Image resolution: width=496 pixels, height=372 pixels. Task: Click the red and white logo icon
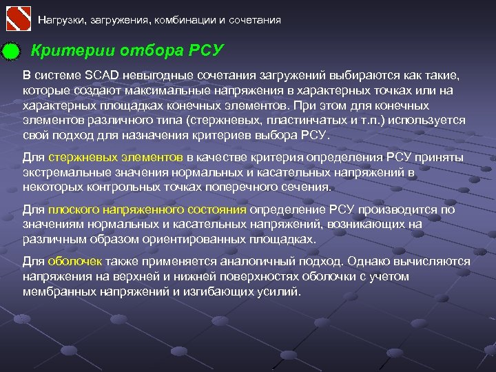point(18,18)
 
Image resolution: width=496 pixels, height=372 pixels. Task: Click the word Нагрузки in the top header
point(59,20)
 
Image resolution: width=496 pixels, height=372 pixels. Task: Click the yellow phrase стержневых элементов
point(116,157)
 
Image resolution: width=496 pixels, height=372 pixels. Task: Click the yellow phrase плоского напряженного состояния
point(147,209)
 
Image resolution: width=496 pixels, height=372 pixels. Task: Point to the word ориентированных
point(174,239)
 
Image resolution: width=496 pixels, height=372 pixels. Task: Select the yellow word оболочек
point(75,262)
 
